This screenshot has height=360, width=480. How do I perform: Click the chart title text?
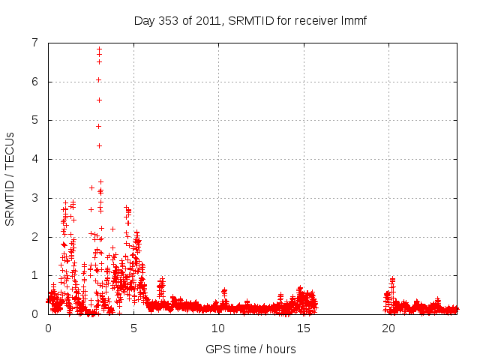point(250,20)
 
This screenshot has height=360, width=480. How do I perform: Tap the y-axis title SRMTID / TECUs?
point(10,178)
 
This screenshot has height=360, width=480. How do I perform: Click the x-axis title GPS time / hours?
point(250,349)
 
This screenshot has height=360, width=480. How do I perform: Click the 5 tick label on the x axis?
point(133,328)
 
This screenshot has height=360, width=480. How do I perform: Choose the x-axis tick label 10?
point(219,328)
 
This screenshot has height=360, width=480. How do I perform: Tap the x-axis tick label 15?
point(304,328)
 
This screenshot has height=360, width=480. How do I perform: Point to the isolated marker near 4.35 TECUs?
point(99,145)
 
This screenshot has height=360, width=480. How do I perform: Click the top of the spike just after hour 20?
point(392,279)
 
